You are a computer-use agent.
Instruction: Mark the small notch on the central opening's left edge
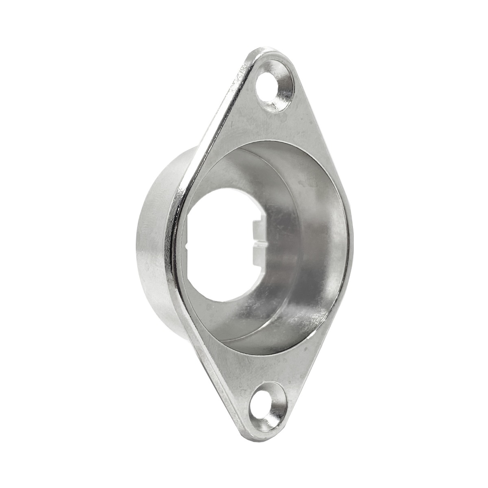tap(186, 246)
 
